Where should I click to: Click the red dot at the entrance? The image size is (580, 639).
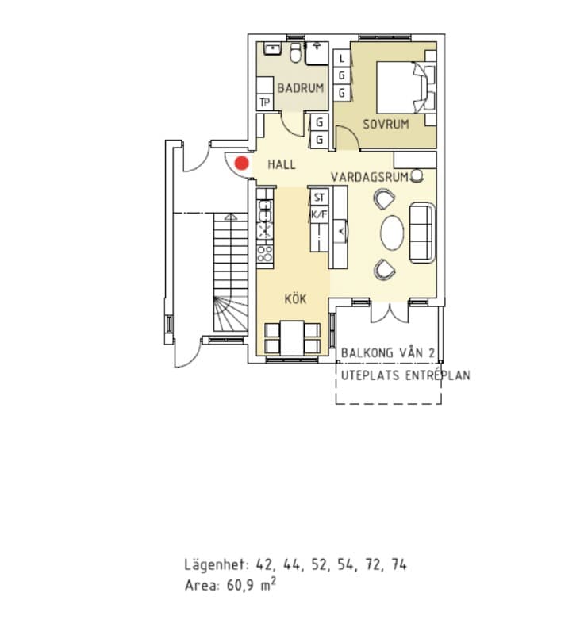[x=241, y=164]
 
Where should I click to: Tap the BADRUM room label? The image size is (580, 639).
[x=300, y=88]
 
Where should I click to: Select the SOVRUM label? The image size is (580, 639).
[x=386, y=124]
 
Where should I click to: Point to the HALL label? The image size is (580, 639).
[x=282, y=165]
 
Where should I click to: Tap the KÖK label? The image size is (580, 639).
[x=295, y=299]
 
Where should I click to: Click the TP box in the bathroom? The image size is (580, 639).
[x=264, y=102]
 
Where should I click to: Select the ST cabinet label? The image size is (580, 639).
[x=319, y=198]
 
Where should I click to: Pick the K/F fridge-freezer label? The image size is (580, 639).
[x=319, y=214]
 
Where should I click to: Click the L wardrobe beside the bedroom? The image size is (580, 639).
[x=341, y=59]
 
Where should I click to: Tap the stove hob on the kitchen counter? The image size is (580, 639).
[x=264, y=253]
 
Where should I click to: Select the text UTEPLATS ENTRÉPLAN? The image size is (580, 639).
[x=405, y=375]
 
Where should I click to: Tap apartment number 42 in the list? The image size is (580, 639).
[x=263, y=565]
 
